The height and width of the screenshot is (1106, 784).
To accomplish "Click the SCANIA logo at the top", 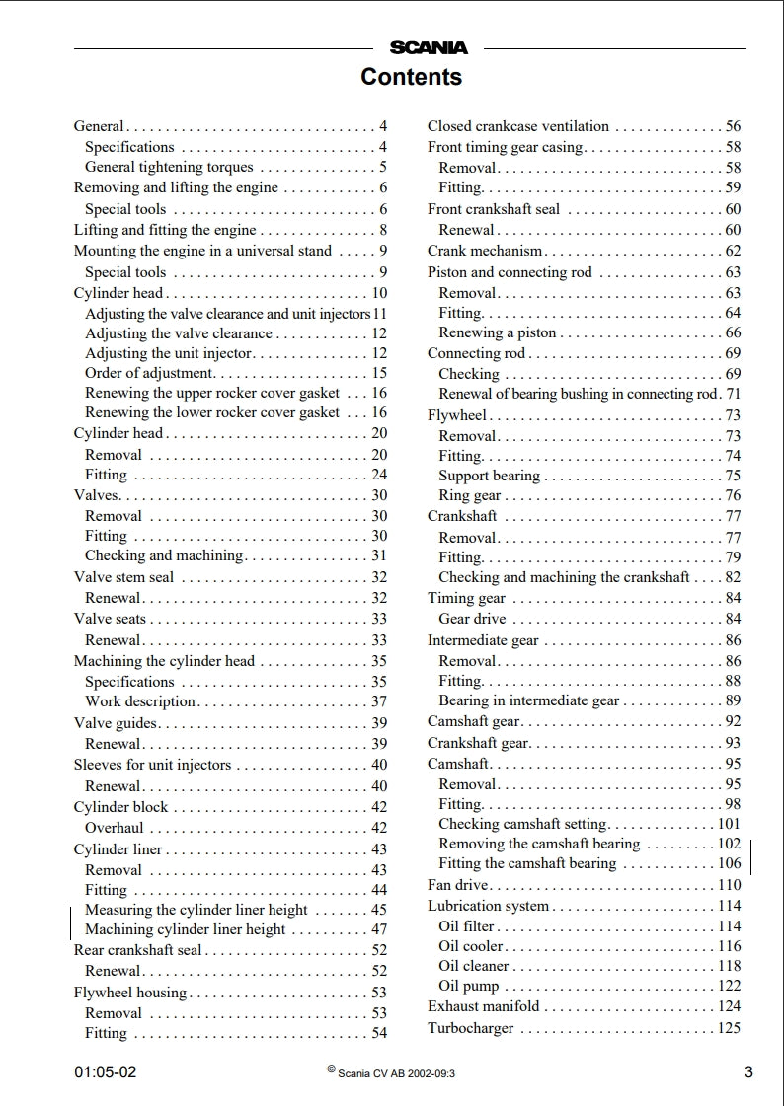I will coord(429,47).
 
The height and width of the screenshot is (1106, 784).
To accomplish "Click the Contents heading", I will coord(411,77).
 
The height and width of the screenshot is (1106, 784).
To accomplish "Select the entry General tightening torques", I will coord(169,168).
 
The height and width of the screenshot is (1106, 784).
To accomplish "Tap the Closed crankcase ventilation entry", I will coord(517,126).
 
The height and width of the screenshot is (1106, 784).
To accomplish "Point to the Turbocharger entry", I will coord(470,1029).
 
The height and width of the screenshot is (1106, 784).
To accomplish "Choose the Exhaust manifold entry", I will coord(483,1006).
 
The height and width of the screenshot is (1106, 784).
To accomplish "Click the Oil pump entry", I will coord(468,986).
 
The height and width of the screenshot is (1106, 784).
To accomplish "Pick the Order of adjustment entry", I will coord(149,373).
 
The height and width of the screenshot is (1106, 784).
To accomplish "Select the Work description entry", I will coord(140,701).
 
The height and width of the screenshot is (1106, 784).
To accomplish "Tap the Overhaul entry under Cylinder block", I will coord(114,828).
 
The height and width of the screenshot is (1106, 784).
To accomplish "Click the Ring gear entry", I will coord(469,496).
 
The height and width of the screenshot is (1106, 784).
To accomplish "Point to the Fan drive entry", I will coord(457,885).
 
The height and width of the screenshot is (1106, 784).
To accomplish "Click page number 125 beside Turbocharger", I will coord(729,1029).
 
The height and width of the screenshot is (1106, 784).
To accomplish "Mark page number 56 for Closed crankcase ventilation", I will coord(733,126).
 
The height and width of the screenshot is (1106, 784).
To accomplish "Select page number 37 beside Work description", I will coord(379,701).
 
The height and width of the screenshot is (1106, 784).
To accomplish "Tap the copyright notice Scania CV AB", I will coord(396,1073).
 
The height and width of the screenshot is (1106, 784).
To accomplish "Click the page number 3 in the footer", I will coord(748,1072).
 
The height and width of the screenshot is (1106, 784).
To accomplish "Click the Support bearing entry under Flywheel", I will coord(489,476).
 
